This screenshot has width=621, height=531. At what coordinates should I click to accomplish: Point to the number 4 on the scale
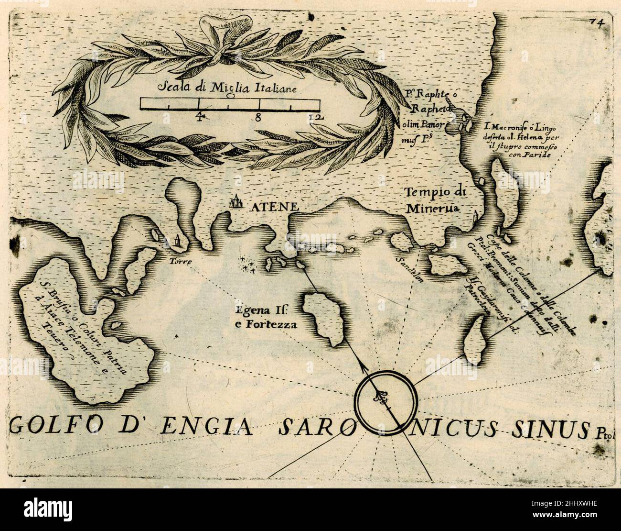pyautogui.click(x=199, y=116)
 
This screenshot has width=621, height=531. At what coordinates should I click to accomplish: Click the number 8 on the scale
pyautogui.click(x=258, y=117)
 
